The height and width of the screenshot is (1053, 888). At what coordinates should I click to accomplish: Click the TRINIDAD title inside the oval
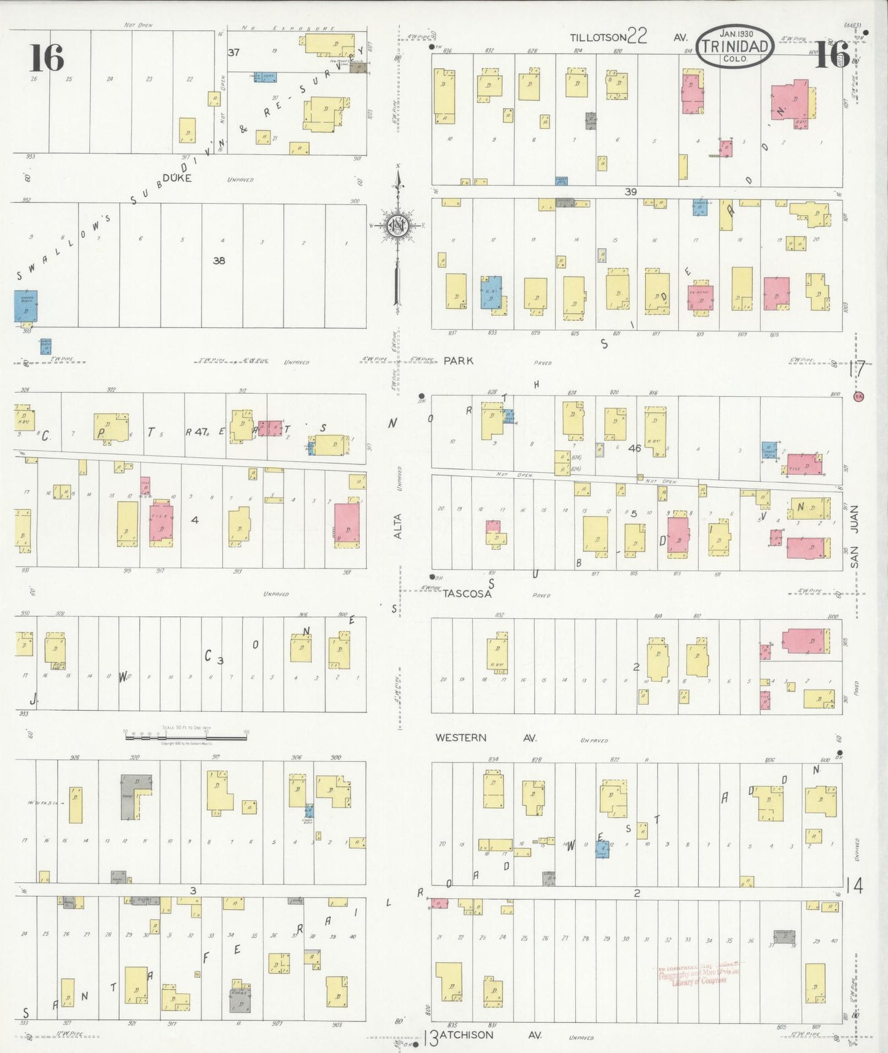coord(735,46)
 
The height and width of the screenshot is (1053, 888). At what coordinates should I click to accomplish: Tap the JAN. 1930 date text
coord(736,34)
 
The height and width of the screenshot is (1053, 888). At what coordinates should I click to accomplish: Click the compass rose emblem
coord(398,226)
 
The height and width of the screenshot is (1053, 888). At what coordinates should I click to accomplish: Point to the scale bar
coord(186,732)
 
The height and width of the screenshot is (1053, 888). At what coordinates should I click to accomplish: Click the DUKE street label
coord(178,178)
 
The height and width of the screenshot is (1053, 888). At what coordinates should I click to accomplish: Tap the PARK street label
coord(458,361)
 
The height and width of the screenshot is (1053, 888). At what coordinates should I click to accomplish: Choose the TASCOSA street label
coord(467,594)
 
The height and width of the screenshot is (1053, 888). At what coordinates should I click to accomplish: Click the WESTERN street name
coord(461,737)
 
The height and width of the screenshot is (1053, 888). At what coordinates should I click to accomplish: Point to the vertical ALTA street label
coord(398,526)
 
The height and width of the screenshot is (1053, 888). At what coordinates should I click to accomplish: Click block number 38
coord(219,260)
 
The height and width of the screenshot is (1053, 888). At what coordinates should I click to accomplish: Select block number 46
coord(635,448)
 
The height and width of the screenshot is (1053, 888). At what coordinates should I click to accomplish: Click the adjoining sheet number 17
coord(857,369)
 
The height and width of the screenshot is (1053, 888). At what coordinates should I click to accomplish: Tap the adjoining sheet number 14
coord(854,885)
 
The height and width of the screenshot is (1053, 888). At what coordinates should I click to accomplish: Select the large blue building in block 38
coord(26,306)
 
